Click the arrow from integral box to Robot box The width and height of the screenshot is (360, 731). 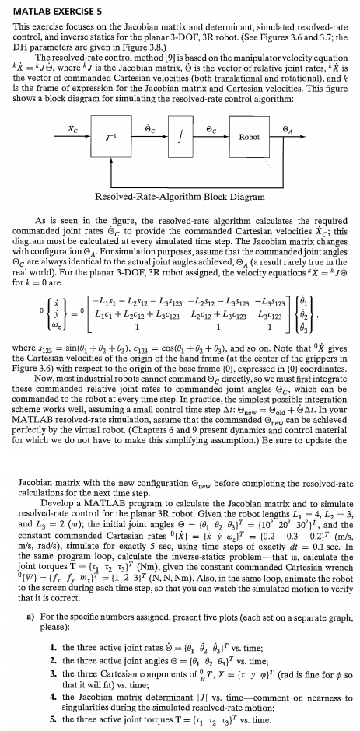tap(213, 138)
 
